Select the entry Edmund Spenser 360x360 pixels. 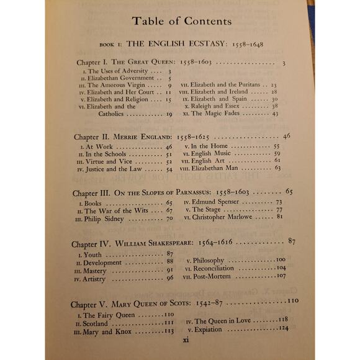[219, 202]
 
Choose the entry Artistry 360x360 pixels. [102, 279]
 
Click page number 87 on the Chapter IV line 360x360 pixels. [292, 240]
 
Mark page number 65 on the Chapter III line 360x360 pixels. [289, 191]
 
